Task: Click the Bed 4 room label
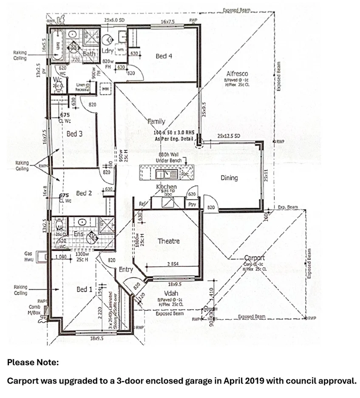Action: [x=164, y=56]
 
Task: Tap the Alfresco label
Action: [x=237, y=74]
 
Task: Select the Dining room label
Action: [x=229, y=178]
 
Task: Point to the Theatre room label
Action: [x=168, y=241]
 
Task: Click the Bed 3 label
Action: [x=74, y=134]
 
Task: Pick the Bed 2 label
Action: [x=84, y=193]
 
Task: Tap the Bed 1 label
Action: [x=84, y=289]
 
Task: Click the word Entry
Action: [x=126, y=269]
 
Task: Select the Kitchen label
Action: [x=166, y=187]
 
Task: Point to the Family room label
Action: [x=156, y=122]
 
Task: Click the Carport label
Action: [x=254, y=258]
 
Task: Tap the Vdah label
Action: [x=170, y=293]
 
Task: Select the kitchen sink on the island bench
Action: [x=163, y=174]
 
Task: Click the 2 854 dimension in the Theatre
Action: [x=173, y=264]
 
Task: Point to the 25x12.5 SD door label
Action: [x=229, y=136]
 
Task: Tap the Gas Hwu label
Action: [x=28, y=256]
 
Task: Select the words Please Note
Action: [x=33, y=363]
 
